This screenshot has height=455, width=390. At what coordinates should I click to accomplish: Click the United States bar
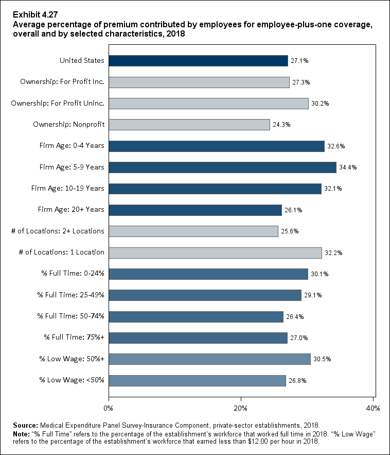[x=198, y=61]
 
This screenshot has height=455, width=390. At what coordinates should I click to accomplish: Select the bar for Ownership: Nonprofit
[x=189, y=125]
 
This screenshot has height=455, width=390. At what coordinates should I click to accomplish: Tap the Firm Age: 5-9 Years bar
[x=222, y=167]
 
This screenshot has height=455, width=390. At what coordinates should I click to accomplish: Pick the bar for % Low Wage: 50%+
[x=209, y=359]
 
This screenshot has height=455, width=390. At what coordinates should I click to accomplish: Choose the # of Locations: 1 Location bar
[x=215, y=252]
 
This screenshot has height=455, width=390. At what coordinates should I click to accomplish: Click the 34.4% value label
[x=347, y=167]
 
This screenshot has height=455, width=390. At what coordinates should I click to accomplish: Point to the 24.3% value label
[x=281, y=125]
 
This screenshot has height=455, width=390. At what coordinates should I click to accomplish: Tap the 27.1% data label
[x=299, y=61]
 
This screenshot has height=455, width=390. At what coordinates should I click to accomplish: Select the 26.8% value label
[x=297, y=381]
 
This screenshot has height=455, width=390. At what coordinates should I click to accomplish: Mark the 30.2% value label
[x=320, y=104]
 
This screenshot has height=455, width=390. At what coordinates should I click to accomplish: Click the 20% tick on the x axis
[x=241, y=408]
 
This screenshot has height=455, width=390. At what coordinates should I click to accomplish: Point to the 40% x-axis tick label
[x=373, y=408]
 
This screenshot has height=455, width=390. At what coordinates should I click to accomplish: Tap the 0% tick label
[x=109, y=408]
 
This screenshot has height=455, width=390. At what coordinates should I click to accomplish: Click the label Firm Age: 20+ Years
[x=71, y=209]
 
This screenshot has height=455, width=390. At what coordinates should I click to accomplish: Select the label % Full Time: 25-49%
[x=71, y=295]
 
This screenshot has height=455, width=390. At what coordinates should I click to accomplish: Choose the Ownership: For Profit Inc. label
[x=62, y=82]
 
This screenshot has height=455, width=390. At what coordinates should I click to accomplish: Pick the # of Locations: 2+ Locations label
[x=58, y=231]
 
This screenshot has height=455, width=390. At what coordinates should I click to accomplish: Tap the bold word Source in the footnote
[x=26, y=426]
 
